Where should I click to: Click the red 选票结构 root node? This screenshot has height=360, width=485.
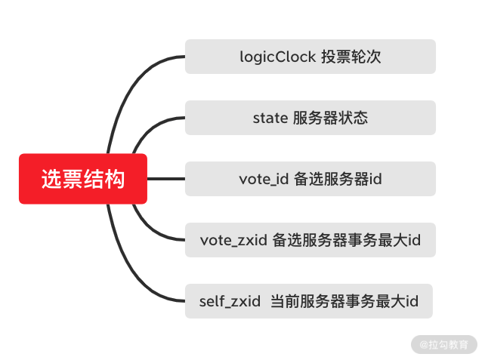pos(83,179)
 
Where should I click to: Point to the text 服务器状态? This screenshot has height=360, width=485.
pos(330,118)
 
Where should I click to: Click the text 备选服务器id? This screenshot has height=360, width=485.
pos(338,179)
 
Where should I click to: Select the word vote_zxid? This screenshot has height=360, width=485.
pos(233,240)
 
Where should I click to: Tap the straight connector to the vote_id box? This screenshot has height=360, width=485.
pos(166,179)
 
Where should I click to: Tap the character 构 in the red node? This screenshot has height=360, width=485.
pos(116,179)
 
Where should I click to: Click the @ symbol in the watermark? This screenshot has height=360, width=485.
pos(424,344)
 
